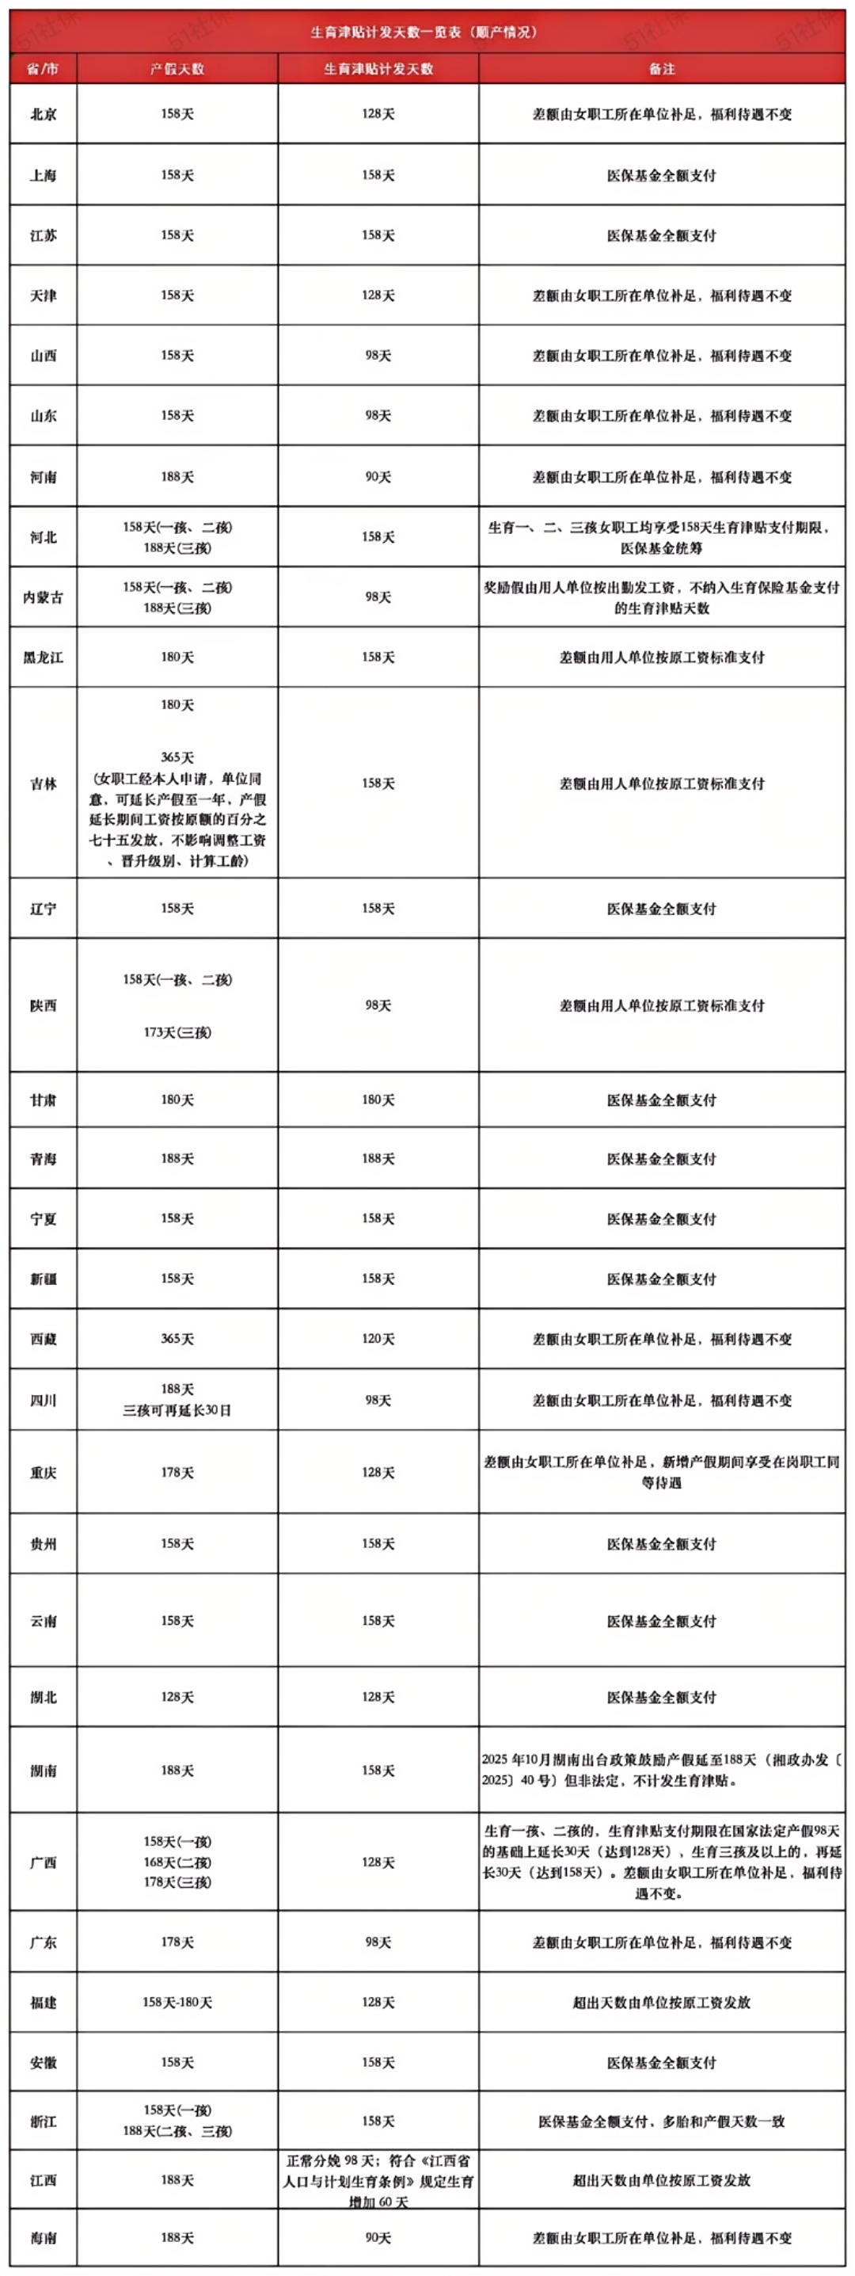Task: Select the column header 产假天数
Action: coord(177,69)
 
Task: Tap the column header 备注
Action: coord(662,69)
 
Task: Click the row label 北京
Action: coord(44,114)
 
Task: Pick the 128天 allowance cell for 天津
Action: coord(378,295)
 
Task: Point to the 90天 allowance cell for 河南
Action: coord(378,477)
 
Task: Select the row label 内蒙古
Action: coord(44,597)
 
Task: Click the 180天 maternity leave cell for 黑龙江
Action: coord(177,658)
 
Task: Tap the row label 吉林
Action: coord(44,783)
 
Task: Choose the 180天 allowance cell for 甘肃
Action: coord(378,1100)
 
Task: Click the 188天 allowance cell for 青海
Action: coord(378,1158)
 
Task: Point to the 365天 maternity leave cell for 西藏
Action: coord(177,1339)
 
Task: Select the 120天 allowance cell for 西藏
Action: coord(378,1339)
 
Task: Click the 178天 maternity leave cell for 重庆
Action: coord(177,1472)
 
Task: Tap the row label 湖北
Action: coord(44,1697)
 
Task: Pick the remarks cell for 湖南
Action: coord(662,1770)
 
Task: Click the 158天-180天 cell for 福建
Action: coord(177,2002)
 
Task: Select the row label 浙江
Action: coord(44,2121)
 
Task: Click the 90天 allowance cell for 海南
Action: coord(378,2238)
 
